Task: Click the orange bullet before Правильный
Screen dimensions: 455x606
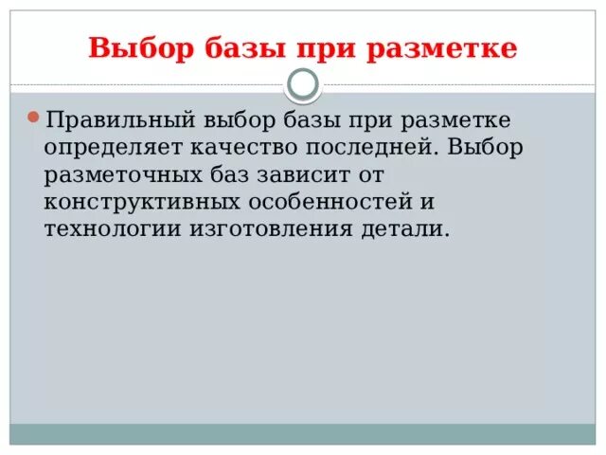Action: tap(33, 118)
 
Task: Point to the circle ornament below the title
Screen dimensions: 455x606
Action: tap(303, 84)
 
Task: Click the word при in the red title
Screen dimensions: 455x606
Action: tap(327, 48)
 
